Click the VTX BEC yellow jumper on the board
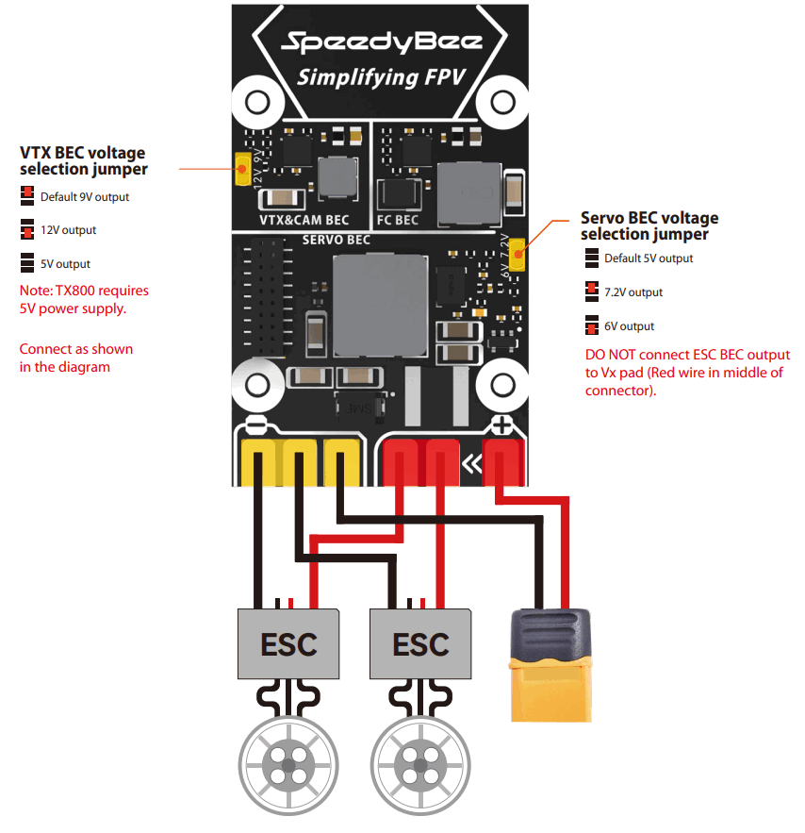pyautogui.click(x=241, y=168)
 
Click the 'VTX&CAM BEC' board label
pyautogui.click(x=304, y=220)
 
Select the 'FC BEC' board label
pyautogui.click(x=397, y=220)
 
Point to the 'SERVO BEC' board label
pyautogui.click(x=336, y=240)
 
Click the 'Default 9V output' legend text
pyautogui.click(x=85, y=197)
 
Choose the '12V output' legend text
pyautogui.click(x=68, y=230)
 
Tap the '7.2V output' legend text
pyautogui.click(x=633, y=292)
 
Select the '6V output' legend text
pyautogui.click(x=629, y=326)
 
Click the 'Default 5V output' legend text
pyautogui.click(x=649, y=258)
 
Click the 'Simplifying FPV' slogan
pyautogui.click(x=381, y=77)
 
